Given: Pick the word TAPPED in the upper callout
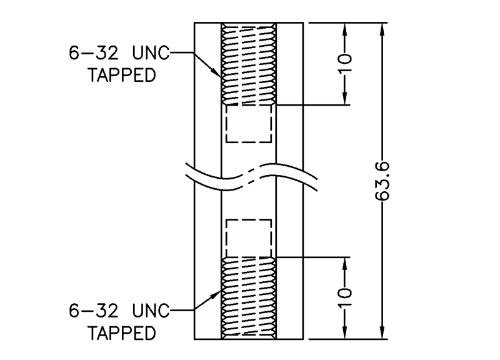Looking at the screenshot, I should tap(122, 76).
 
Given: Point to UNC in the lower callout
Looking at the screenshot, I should tap(151, 311).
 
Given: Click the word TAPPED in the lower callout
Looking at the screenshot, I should tap(122, 332).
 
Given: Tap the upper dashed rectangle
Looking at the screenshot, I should tap(249, 123).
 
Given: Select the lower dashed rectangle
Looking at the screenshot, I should tap(249, 238).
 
